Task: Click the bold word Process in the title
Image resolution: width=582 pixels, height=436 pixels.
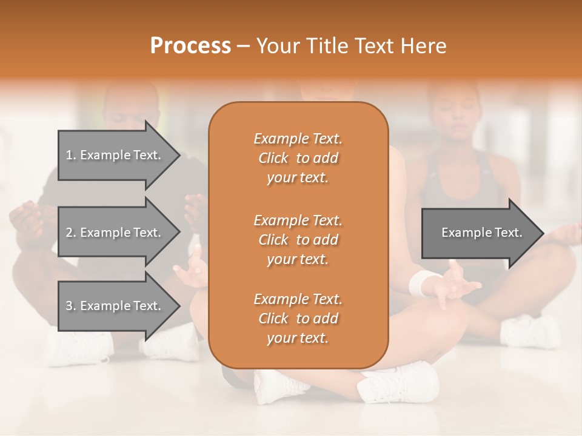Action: (190, 45)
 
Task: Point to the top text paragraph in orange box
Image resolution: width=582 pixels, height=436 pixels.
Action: (298, 158)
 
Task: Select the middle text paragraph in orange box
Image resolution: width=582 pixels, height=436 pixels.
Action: (298, 240)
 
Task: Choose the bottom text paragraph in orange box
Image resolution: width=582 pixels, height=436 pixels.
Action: (298, 319)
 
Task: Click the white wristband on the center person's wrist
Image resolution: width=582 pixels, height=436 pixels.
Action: (422, 282)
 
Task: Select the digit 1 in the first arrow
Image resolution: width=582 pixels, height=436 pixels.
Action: (69, 155)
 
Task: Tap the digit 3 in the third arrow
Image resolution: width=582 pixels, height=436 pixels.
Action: (69, 306)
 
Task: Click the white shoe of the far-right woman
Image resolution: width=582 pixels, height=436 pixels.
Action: (530, 331)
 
